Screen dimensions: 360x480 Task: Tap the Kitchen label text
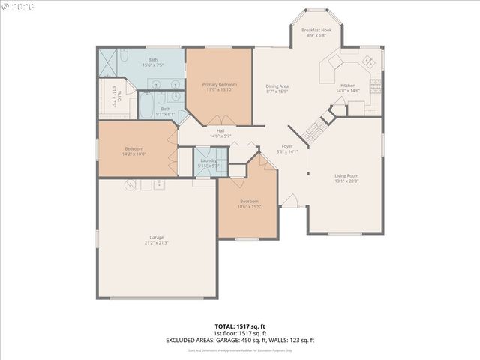tap(347, 85)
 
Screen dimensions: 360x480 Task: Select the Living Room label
tap(346, 176)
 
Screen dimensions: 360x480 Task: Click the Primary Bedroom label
tap(219, 85)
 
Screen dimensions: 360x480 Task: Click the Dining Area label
tap(277, 86)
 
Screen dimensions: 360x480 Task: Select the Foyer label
tap(286, 146)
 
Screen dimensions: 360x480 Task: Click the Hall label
tap(220, 131)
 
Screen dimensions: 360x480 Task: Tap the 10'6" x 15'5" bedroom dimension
tap(249, 205)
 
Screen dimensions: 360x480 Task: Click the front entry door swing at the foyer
tap(289, 201)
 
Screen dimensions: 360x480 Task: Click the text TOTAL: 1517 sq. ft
tap(240, 326)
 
